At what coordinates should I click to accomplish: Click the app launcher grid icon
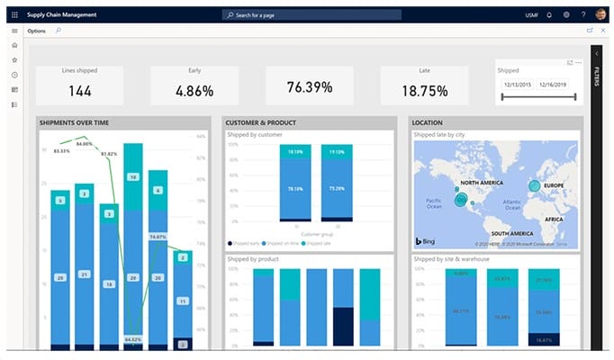pyautogui.click(x=14, y=14)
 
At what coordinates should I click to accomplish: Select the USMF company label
pyautogui.click(x=532, y=14)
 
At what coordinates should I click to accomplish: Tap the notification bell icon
pyautogui.click(x=550, y=14)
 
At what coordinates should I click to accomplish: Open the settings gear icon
pyautogui.click(x=566, y=14)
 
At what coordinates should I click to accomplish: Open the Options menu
pyautogui.click(x=37, y=31)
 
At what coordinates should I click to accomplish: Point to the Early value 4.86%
pyautogui.click(x=194, y=90)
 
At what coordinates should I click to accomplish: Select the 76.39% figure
pyautogui.click(x=310, y=87)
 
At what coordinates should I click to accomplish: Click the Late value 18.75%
pyautogui.click(x=423, y=90)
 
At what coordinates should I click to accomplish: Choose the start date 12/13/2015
pyautogui.click(x=518, y=85)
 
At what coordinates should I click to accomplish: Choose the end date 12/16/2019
pyautogui.click(x=555, y=85)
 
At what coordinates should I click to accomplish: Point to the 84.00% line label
pyautogui.click(x=85, y=143)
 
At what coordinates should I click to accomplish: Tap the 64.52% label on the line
pyautogui.click(x=133, y=339)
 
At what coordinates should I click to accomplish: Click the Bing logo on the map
pyautogui.click(x=427, y=241)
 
